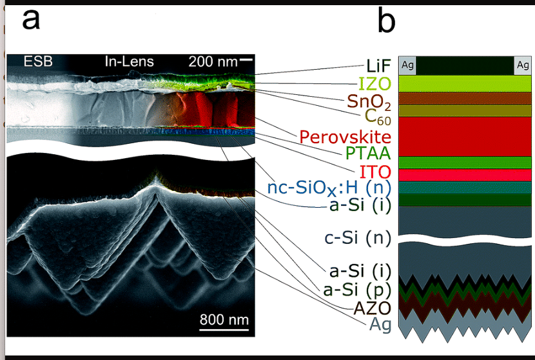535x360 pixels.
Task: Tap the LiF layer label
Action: point(378,66)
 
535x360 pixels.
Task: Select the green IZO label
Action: point(374,84)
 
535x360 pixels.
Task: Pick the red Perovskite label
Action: point(345,137)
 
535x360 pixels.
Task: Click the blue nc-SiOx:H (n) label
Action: point(329,189)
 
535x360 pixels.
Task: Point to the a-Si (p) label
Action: point(357,289)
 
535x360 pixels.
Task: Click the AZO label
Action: point(373,307)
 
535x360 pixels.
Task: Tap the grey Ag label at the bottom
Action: point(380,325)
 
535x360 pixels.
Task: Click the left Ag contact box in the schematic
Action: point(407,65)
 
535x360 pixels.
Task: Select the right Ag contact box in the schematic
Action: point(523,65)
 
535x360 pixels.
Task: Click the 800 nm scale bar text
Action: point(224,319)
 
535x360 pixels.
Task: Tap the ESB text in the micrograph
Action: point(38,62)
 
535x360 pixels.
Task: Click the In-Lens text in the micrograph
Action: point(129,62)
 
